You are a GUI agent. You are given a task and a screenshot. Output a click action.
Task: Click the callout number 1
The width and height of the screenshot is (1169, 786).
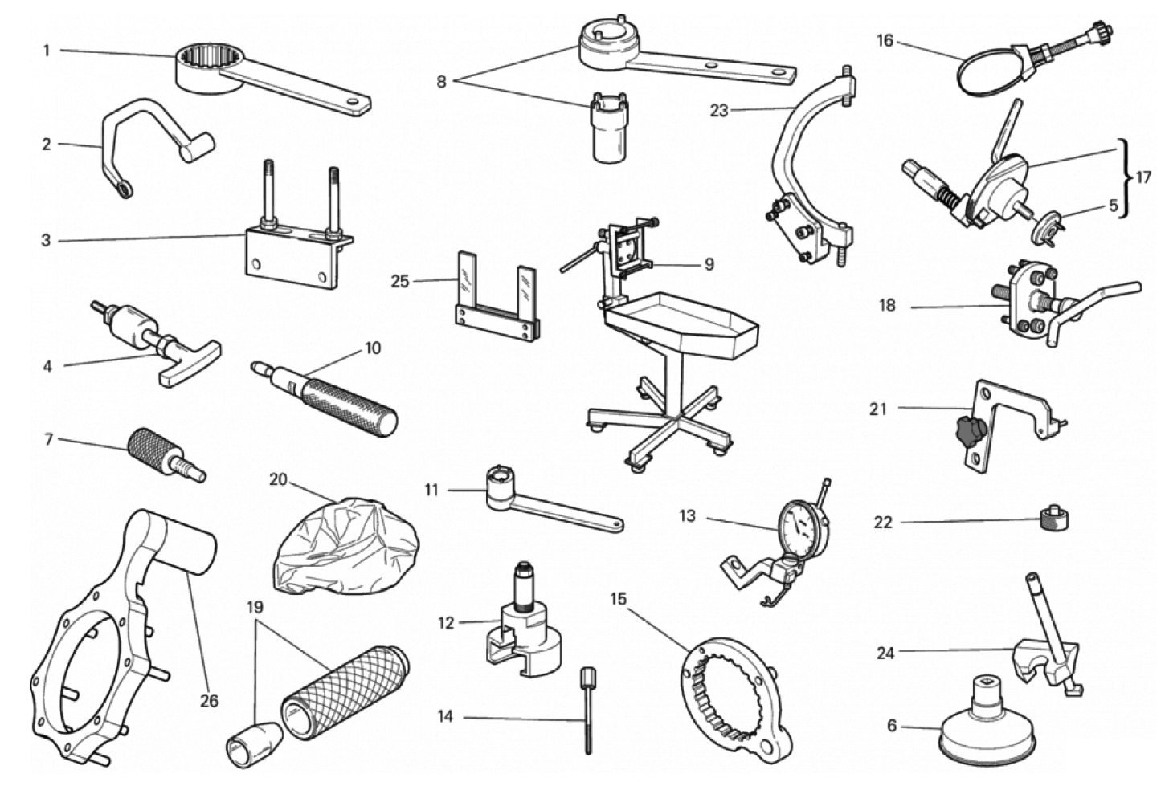(x=47, y=51)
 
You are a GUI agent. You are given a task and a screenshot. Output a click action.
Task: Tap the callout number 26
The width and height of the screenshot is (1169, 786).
(x=209, y=701)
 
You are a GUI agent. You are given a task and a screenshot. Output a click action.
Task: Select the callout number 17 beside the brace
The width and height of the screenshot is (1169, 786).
(x=1143, y=178)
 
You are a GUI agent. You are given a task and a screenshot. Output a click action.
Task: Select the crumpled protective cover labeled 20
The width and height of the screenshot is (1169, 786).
(x=346, y=546)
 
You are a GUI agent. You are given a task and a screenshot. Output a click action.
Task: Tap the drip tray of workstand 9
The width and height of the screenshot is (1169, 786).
(x=681, y=326)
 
